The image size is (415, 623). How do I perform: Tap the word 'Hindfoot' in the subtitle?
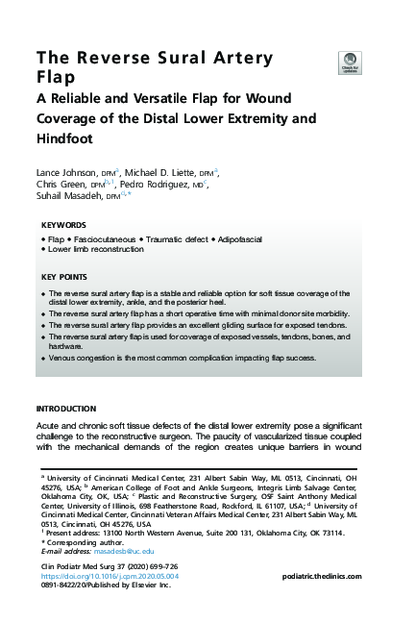(68, 138)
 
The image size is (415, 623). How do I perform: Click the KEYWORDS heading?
(63, 225)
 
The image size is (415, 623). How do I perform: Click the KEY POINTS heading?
(64, 277)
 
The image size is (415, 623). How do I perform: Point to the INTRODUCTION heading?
(66, 409)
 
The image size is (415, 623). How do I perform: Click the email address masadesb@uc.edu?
(103, 552)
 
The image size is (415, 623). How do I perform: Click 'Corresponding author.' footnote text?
(85, 543)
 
